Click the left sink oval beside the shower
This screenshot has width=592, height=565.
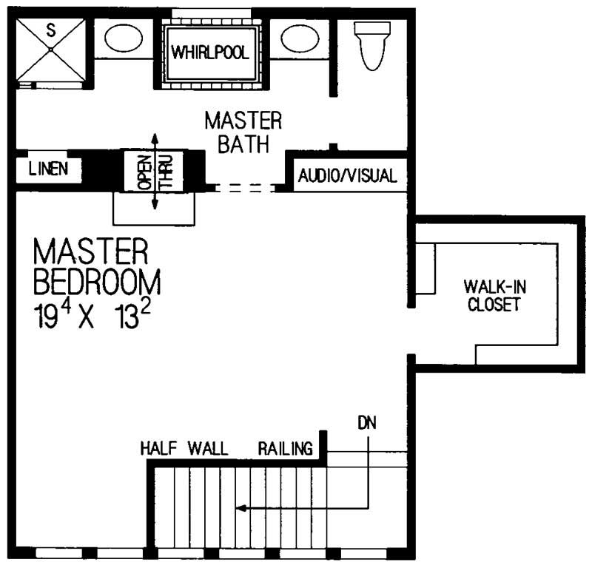[118, 38]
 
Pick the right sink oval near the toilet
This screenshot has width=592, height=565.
[299, 38]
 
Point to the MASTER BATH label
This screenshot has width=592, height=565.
[243, 132]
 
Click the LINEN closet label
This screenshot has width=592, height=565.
[49, 169]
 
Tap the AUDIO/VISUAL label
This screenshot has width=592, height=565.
[348, 176]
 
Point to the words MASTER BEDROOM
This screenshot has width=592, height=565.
[96, 266]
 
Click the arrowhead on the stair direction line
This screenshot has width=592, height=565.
[240, 508]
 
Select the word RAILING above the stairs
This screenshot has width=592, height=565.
[286, 449]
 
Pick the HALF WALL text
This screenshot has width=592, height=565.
[184, 449]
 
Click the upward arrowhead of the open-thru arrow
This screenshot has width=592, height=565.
[155, 138]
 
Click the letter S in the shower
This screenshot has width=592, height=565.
[50, 30]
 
